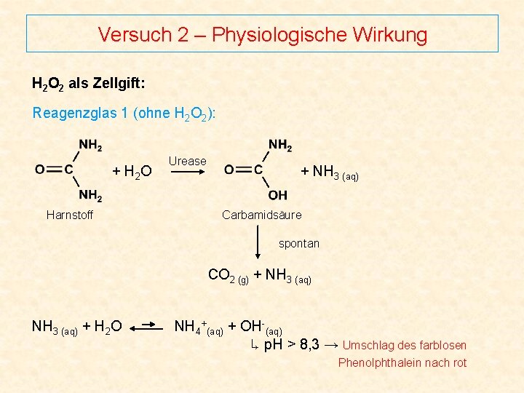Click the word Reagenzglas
click(x=71, y=113)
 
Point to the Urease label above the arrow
click(x=187, y=161)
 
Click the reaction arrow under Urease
click(x=188, y=172)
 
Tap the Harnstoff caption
click(x=70, y=215)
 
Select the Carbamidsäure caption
click(x=261, y=215)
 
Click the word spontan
click(x=298, y=243)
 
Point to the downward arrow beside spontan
click(x=258, y=243)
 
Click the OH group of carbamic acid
click(x=277, y=195)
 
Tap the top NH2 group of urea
click(x=90, y=145)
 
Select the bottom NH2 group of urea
click(x=90, y=195)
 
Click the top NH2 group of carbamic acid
click(x=280, y=145)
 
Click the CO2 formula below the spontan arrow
click(x=221, y=275)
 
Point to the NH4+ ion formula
click(x=191, y=327)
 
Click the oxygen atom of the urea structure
click(x=39, y=170)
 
